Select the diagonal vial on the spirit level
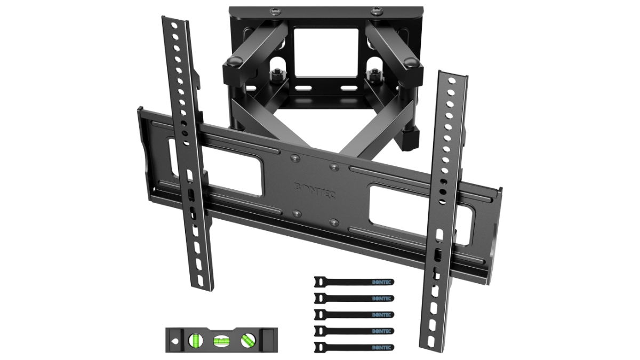point(247,339)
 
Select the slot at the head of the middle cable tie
point(319,313)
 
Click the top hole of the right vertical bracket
point(452,81)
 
